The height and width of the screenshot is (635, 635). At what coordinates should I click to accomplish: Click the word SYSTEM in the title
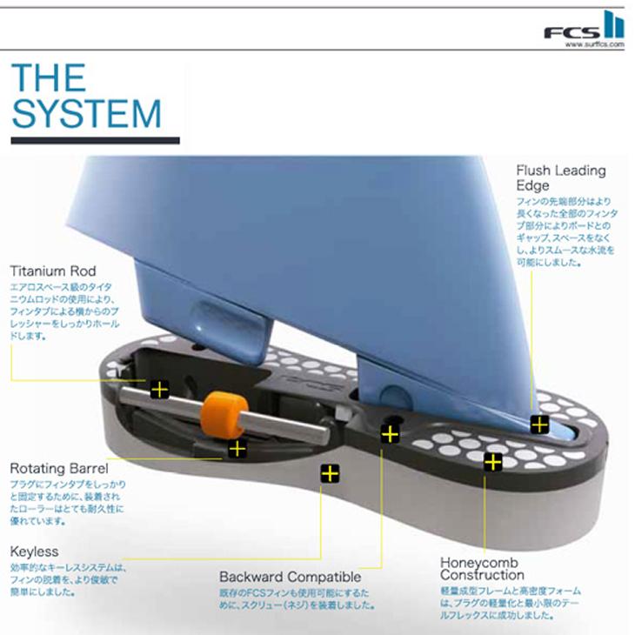[86, 114]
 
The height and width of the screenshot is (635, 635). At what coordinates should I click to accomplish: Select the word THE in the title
[49, 78]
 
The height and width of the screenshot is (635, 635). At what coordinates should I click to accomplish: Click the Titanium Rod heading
[52, 271]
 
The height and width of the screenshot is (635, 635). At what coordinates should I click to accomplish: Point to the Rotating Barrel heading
[59, 468]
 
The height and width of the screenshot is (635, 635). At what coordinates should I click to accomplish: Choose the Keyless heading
[35, 551]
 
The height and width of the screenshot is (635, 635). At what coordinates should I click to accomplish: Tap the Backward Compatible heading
[290, 577]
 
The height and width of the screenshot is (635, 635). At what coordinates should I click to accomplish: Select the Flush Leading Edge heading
[560, 177]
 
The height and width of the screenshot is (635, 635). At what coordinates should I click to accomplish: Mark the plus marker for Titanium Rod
[159, 389]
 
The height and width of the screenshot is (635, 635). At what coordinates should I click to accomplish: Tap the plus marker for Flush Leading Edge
[539, 424]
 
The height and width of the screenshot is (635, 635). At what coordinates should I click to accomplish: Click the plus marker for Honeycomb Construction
[493, 462]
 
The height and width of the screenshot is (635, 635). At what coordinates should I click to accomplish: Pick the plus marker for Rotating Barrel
[236, 449]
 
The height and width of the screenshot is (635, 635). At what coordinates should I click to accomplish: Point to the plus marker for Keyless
[329, 474]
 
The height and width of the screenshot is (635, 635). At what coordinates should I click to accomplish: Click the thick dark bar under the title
[95, 139]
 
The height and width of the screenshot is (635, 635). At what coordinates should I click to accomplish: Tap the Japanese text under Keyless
[68, 579]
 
